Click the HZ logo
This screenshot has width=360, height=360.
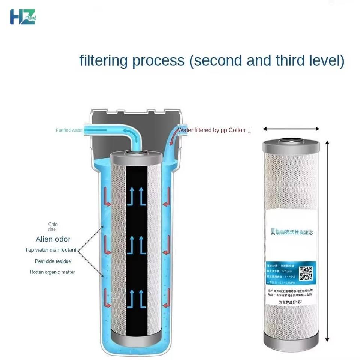22,17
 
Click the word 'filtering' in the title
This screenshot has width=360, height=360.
103,60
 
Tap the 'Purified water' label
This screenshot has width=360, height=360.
69,130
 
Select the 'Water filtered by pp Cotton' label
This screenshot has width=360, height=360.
211,130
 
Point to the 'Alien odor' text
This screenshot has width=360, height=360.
53,239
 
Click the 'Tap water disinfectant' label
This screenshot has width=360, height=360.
50,250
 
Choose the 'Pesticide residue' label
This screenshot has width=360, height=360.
52,261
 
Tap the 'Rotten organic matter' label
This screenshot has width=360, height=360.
52,272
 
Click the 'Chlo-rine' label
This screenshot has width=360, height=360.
53,227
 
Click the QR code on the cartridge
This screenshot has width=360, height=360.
306,273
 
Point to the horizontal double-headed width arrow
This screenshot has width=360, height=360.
291,129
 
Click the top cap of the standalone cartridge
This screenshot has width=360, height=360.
291,145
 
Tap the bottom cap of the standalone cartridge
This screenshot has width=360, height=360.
291,340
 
